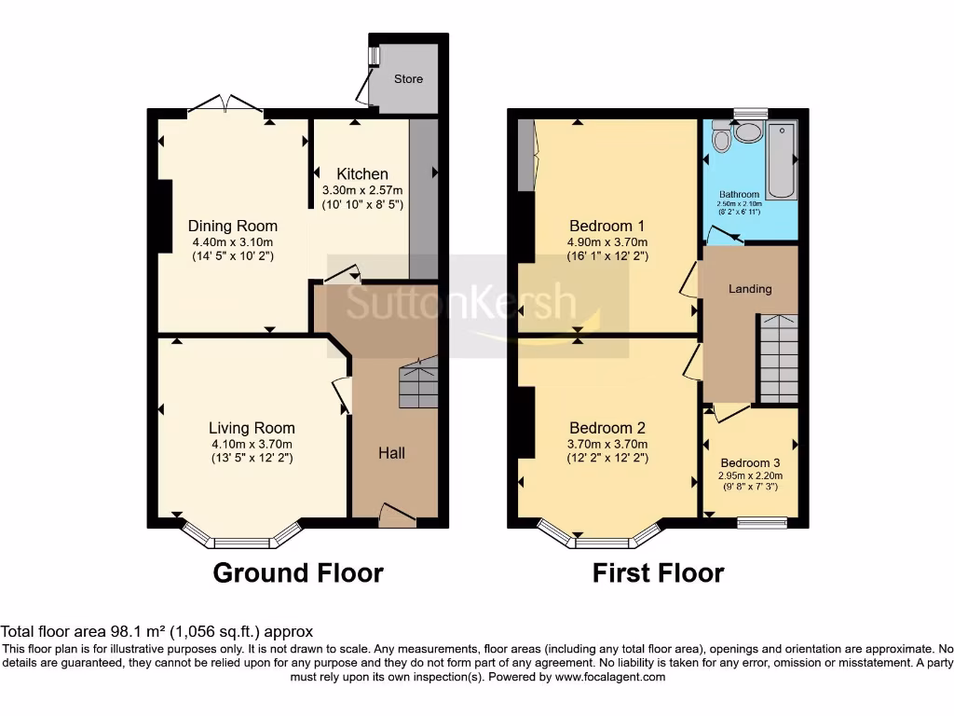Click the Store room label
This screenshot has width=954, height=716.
(x=408, y=79)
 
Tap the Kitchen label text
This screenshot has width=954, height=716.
(x=362, y=173)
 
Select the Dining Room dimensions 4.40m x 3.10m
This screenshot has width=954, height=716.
(x=232, y=241)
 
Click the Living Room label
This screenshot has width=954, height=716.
(x=252, y=428)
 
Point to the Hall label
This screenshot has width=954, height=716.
(x=391, y=453)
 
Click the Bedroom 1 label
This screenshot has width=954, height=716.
(x=607, y=226)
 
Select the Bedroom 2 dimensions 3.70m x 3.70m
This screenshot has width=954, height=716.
(x=607, y=444)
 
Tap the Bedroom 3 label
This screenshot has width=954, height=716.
(x=750, y=462)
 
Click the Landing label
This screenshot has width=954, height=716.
(x=750, y=289)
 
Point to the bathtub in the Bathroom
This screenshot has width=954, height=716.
(x=781, y=159)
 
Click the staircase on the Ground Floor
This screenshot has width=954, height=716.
(x=418, y=385)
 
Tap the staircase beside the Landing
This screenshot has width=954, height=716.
(x=777, y=359)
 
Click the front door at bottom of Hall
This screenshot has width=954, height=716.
(x=398, y=515)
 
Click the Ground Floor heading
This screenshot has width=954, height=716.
(x=298, y=572)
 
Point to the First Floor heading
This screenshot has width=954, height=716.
(x=658, y=572)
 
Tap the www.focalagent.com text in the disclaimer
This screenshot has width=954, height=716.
(x=610, y=677)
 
